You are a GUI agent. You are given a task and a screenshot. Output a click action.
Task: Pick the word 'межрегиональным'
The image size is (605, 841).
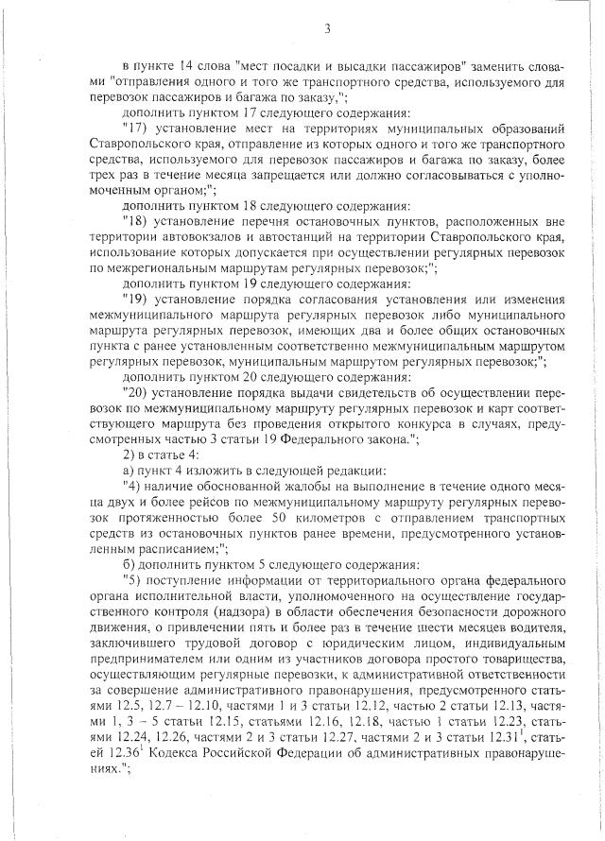pyautogui.click(x=154, y=268)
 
